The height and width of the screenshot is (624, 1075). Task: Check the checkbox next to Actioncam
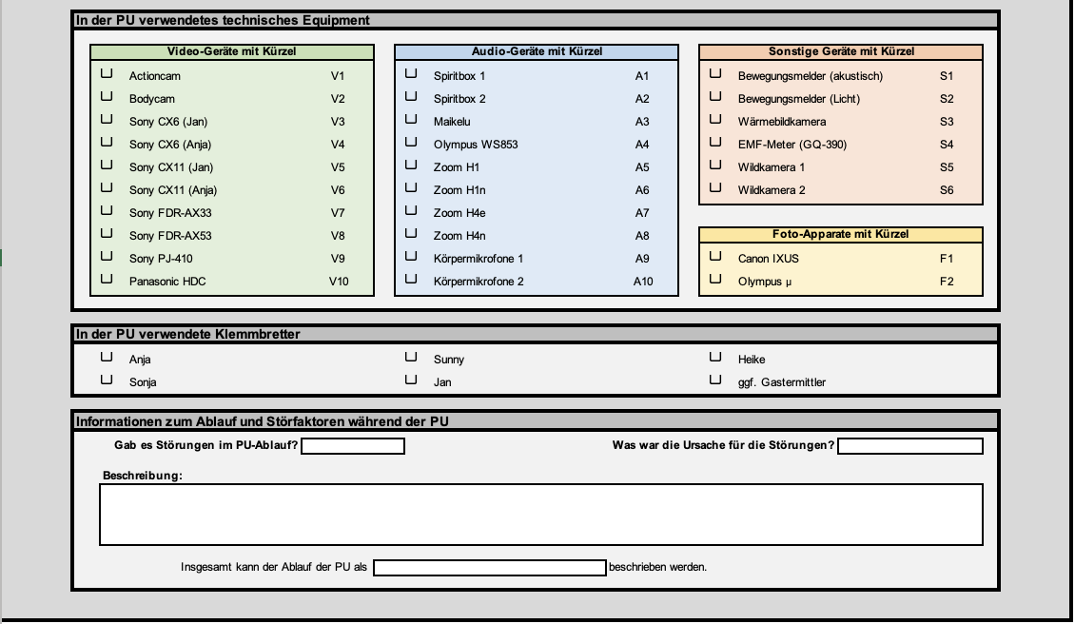107,73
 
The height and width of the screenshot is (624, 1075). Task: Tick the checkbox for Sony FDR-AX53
107,233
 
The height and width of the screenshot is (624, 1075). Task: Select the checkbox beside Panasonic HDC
107,279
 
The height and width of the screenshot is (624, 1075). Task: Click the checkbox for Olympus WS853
411,142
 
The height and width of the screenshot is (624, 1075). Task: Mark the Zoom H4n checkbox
411,233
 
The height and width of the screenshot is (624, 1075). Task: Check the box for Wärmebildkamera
715,119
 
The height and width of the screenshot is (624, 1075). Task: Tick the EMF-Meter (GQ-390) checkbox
715,142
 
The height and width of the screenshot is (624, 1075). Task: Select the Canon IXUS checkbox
715,256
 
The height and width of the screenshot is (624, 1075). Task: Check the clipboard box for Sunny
411,357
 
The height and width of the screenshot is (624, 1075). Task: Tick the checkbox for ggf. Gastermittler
715,380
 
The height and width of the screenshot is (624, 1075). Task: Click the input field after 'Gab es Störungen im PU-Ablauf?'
353,446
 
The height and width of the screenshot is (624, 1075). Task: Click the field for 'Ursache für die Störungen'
909,446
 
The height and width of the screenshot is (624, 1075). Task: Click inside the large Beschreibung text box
540,515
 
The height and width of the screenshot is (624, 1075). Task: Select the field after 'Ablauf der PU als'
490,568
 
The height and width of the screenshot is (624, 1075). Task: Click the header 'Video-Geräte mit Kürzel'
232,52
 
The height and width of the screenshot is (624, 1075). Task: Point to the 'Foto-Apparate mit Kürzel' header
841,234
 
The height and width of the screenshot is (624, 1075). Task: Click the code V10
339,282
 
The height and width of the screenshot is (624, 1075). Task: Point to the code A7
642,213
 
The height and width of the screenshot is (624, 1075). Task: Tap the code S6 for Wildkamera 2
947,190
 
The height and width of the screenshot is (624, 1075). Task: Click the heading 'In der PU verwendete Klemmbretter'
188,334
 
